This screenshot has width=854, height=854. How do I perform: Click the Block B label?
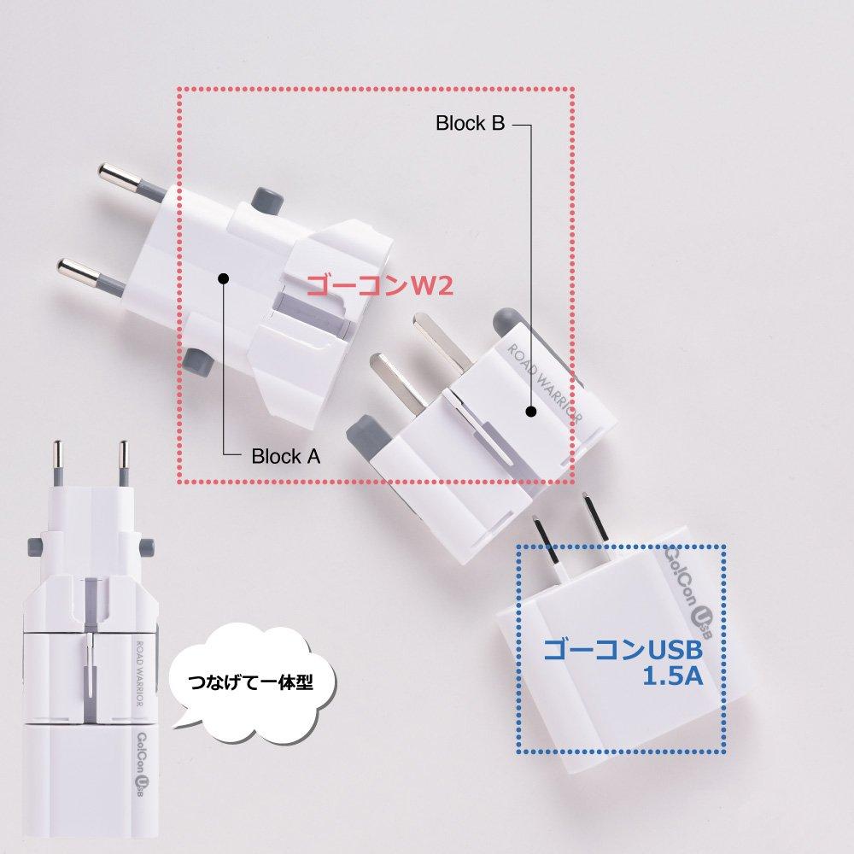pyautogui.click(x=470, y=124)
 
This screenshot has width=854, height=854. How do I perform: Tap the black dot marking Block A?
pyautogui.click(x=224, y=278)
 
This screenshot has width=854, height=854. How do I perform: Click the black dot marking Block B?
pyautogui.click(x=530, y=412)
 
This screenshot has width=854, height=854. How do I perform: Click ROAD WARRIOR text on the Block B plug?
pyautogui.click(x=546, y=383)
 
